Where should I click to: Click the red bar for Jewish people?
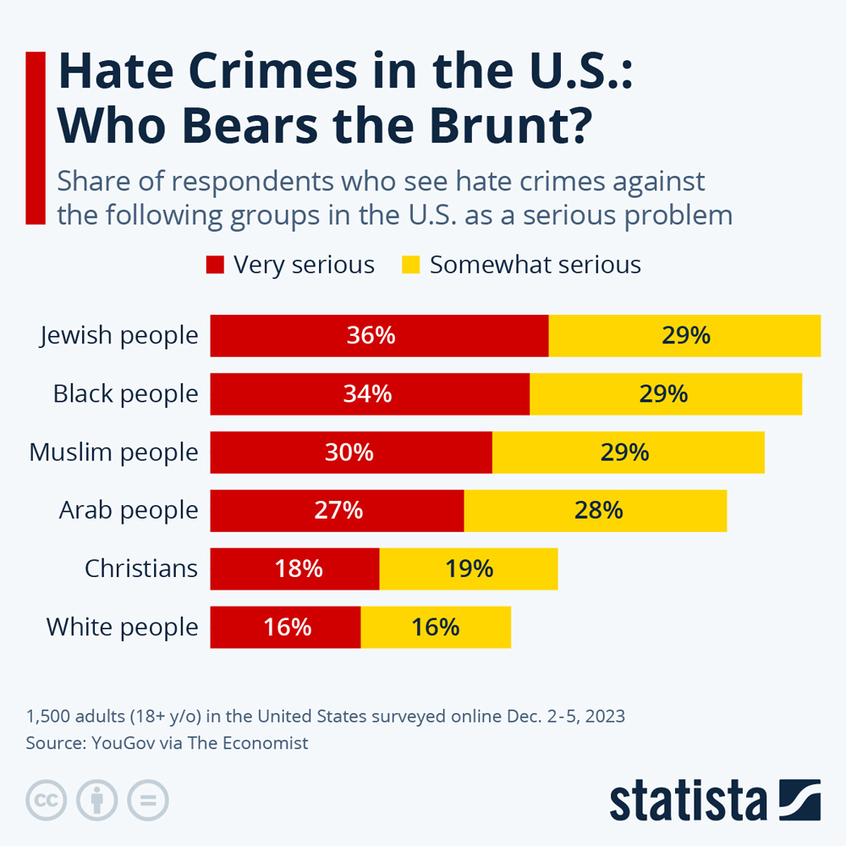coord(379,336)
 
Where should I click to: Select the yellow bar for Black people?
coord(666,394)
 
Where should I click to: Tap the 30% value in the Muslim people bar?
coord(349,452)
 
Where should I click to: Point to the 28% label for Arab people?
coord(598,510)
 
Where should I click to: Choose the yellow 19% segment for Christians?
coord(469,569)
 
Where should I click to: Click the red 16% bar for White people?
coord(285,627)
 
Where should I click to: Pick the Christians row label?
coord(141,569)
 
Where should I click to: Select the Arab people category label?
coord(129,511)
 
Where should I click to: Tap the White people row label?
coord(123,628)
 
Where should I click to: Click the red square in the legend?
coord(215,265)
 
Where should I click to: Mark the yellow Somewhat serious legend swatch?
coord(410,265)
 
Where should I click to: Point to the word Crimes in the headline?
coord(272,71)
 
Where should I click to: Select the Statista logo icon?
coord(800,799)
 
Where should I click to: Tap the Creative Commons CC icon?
coord(47,799)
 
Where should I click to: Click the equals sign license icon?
coord(148,799)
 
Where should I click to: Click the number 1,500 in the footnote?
coord(48,717)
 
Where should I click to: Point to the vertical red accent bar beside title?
coord(36,138)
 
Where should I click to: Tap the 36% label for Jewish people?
coord(371,336)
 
